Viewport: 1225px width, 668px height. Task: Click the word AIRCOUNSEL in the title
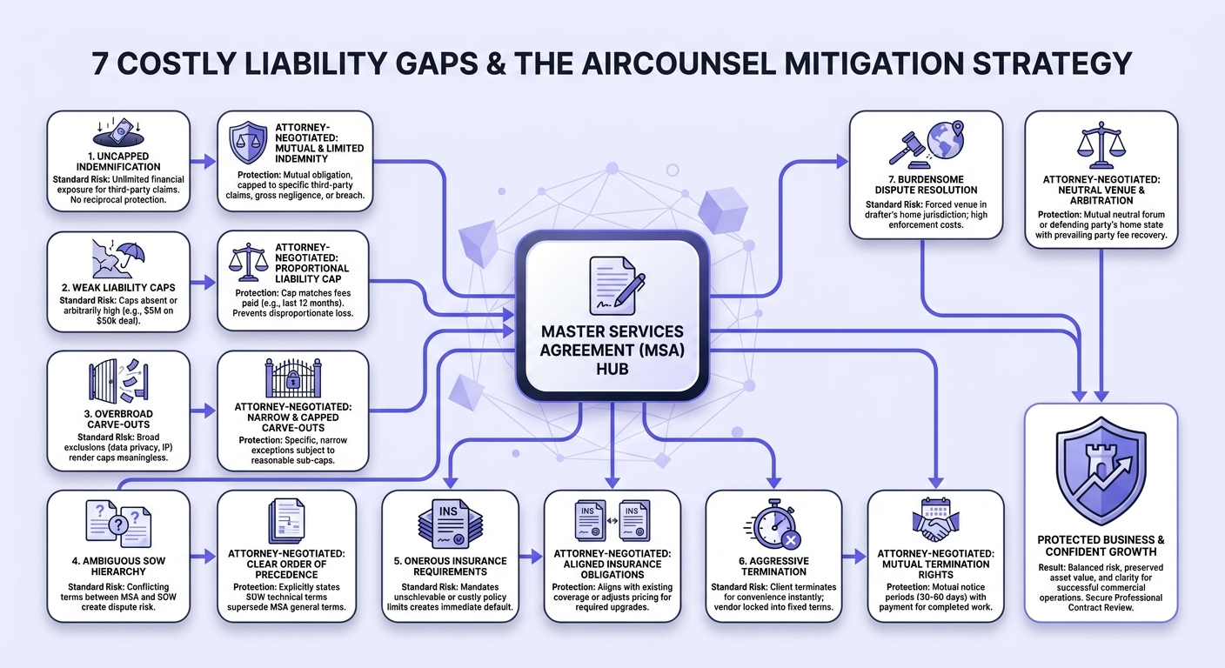click(678, 63)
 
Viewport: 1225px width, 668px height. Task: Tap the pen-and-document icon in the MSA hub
click(616, 286)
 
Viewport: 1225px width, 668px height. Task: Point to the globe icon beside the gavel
click(946, 139)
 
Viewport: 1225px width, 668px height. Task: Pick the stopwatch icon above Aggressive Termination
click(773, 524)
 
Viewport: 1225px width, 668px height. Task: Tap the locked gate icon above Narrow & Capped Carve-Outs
click(293, 377)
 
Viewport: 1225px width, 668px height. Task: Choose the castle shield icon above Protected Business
click(1101, 471)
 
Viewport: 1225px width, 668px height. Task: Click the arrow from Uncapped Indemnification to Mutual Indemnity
click(203, 161)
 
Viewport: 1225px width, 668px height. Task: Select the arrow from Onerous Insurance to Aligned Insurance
click(530, 557)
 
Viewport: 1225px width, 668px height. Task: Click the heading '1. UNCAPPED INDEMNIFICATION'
click(118, 161)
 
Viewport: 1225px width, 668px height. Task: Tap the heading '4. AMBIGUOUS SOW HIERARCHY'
click(118, 566)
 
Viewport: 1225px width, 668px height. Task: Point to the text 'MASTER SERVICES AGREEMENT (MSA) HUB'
click(612, 350)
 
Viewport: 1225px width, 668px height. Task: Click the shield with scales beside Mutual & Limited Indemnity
click(248, 143)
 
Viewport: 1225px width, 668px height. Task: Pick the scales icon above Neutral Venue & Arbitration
click(1101, 145)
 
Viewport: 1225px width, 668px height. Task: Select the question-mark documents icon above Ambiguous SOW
click(118, 523)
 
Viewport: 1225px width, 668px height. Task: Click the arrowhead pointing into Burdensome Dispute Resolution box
click(842, 161)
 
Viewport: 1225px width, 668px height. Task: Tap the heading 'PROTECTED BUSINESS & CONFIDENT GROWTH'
click(1101, 545)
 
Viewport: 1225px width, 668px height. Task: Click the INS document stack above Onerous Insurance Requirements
click(450, 523)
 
